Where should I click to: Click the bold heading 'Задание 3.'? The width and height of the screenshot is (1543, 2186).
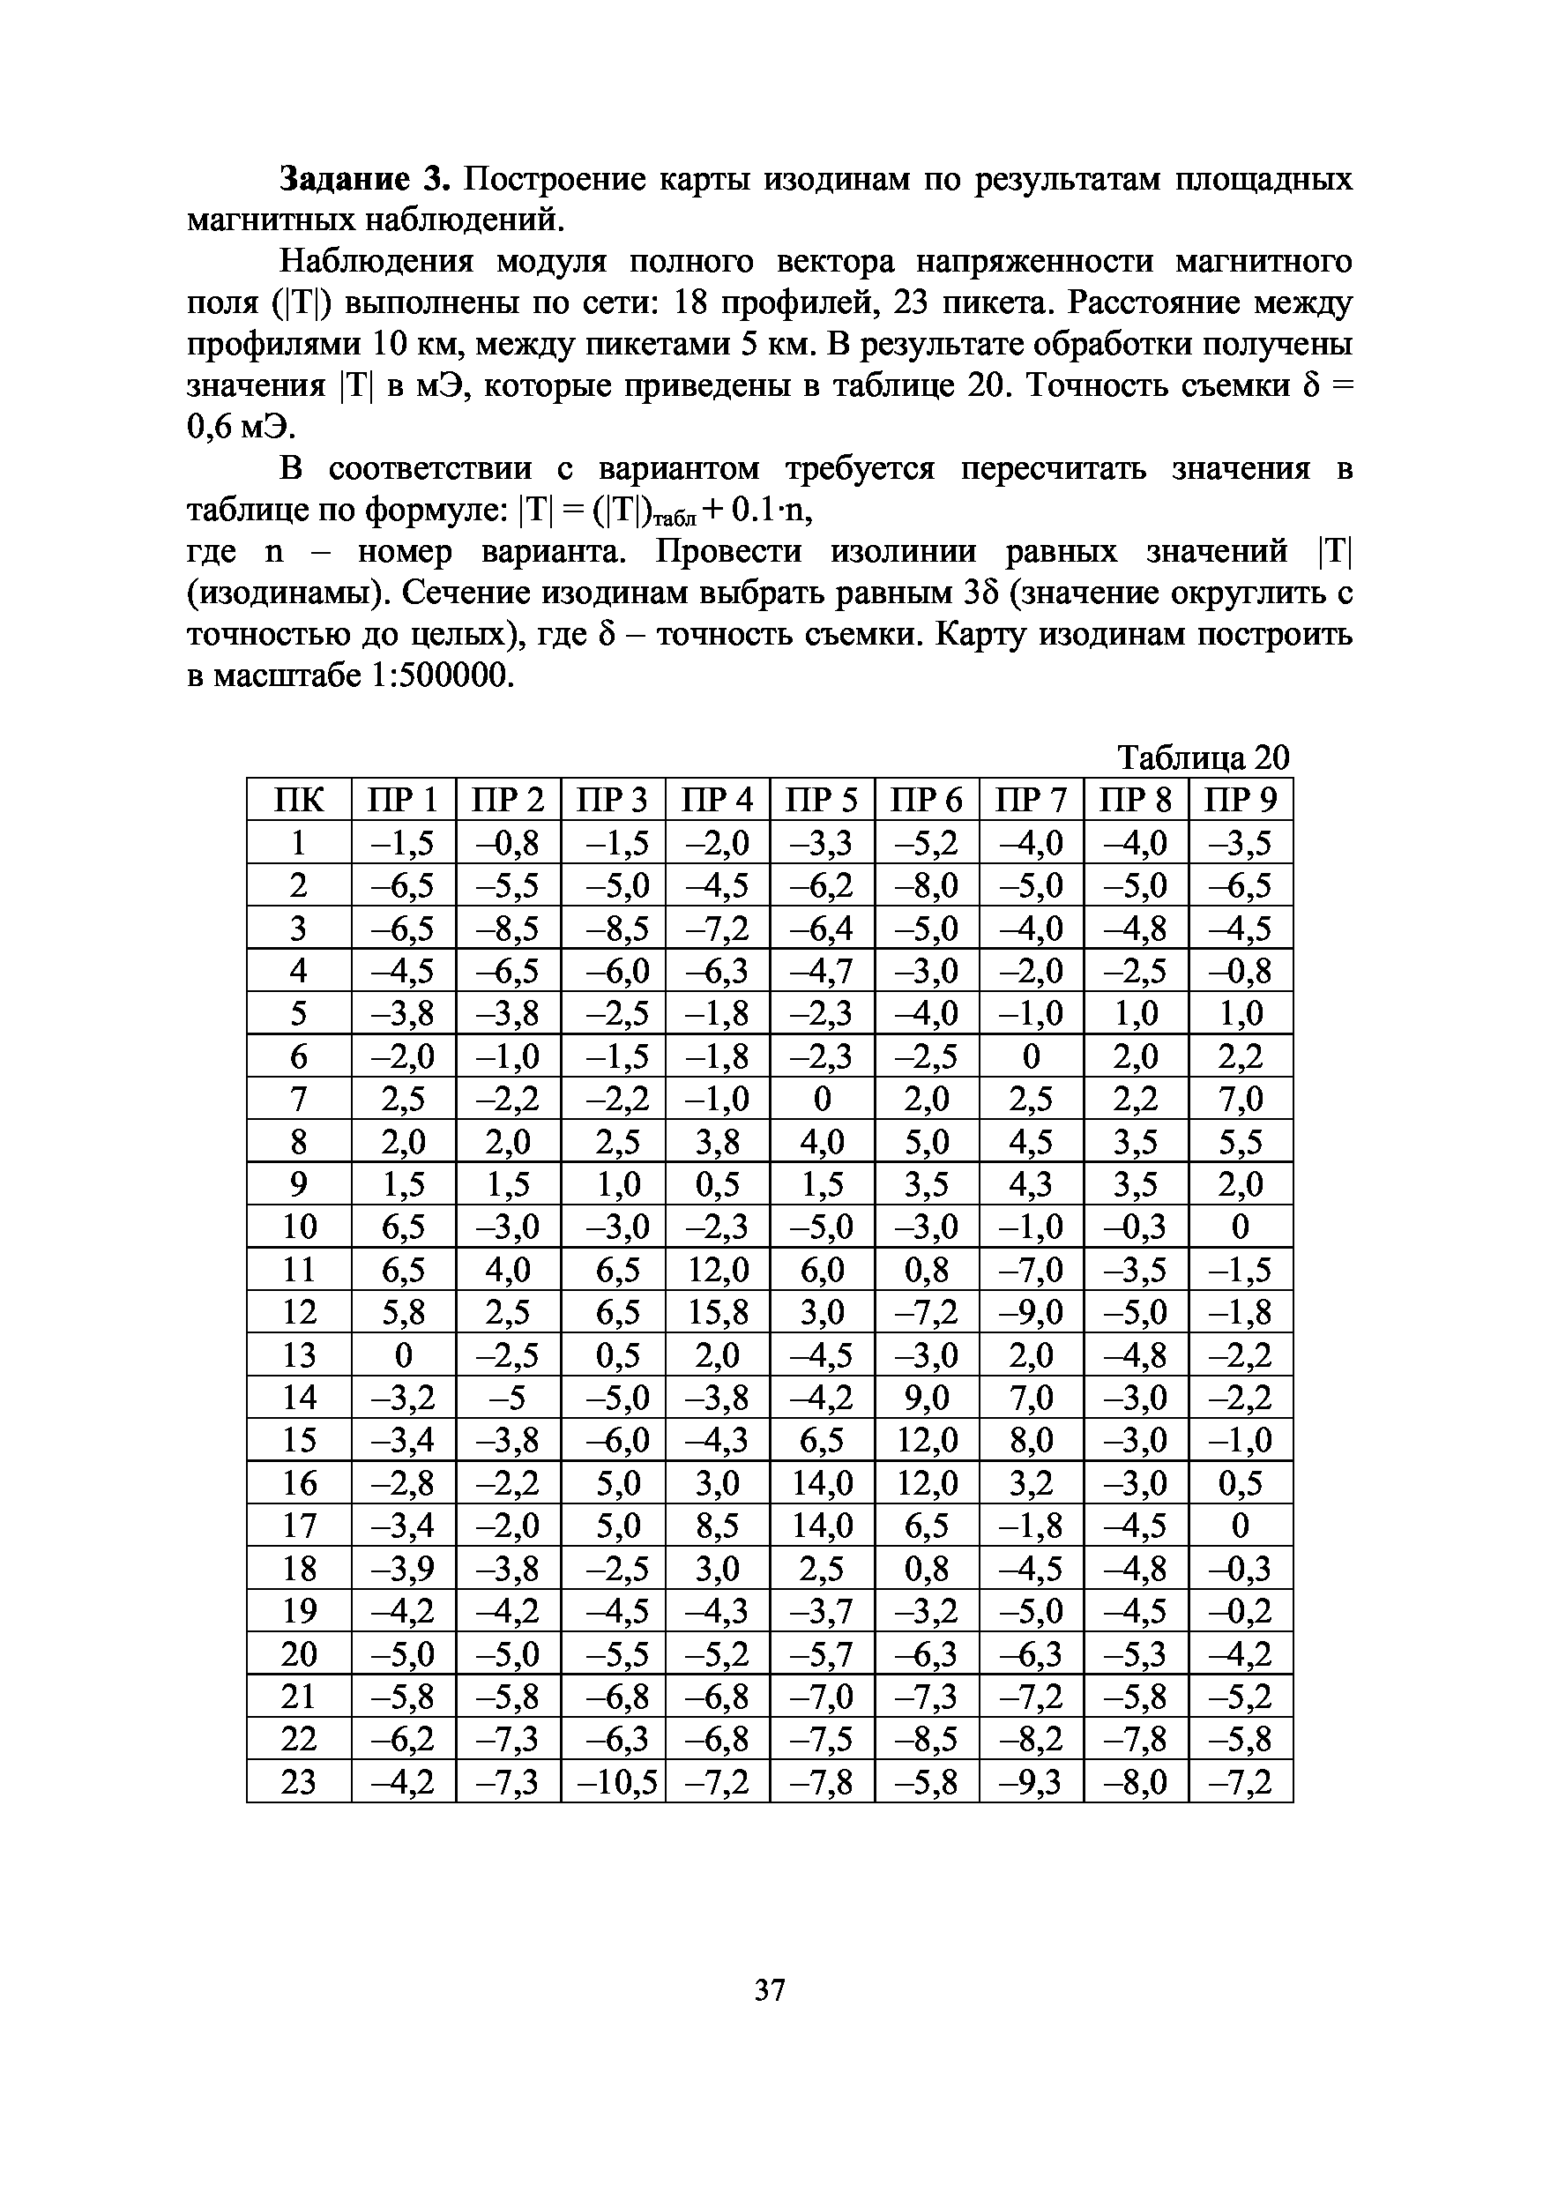pyautogui.click(x=362, y=178)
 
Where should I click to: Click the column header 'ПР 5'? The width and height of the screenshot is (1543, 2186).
pyautogui.click(x=822, y=800)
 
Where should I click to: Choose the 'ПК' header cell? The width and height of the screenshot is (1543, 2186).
pyautogui.click(x=298, y=800)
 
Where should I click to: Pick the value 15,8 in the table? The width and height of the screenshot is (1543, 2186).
pyautogui.click(x=717, y=1312)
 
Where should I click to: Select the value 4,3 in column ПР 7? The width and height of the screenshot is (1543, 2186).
pyautogui.click(x=1031, y=1184)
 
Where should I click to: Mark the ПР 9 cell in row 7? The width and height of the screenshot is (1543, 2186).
pyautogui.click(x=1241, y=1099)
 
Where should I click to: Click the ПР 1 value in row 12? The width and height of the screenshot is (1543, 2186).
pyautogui.click(x=404, y=1312)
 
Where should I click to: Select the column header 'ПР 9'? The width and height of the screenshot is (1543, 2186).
pyautogui.click(x=1241, y=800)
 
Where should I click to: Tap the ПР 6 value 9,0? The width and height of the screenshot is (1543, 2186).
pyautogui.click(x=926, y=1398)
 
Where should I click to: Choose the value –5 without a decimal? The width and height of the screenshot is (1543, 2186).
pyautogui.click(x=507, y=1398)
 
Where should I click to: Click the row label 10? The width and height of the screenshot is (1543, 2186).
pyautogui.click(x=298, y=1227)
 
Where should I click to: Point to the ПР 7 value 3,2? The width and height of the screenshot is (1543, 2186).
pyautogui.click(x=1031, y=1482)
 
